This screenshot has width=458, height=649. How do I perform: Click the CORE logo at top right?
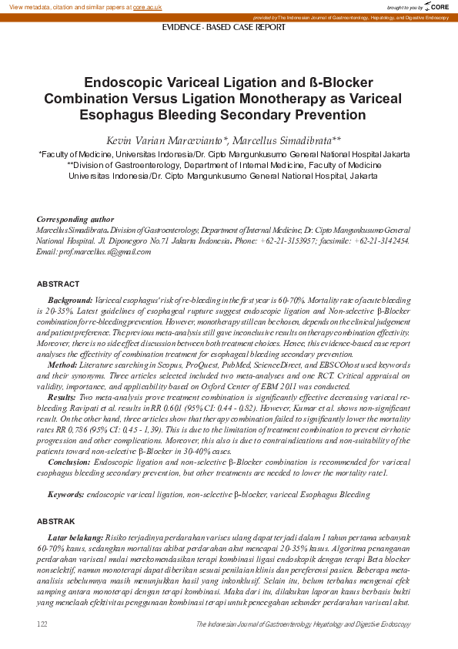tap(438, 6)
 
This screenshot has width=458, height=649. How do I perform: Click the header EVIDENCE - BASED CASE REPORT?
tap(223, 27)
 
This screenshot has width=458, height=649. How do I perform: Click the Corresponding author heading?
tap(75, 220)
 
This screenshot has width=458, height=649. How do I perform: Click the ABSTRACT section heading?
tap(58, 284)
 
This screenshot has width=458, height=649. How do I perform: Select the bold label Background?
tap(70, 298)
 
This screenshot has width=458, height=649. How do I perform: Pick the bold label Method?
tap(62, 363)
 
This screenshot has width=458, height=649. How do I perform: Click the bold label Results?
tap(62, 395)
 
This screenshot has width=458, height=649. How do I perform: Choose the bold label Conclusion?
tap(69, 460)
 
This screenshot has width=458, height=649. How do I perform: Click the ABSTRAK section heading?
tap(56, 522)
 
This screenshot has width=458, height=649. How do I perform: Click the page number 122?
tap(43, 623)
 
